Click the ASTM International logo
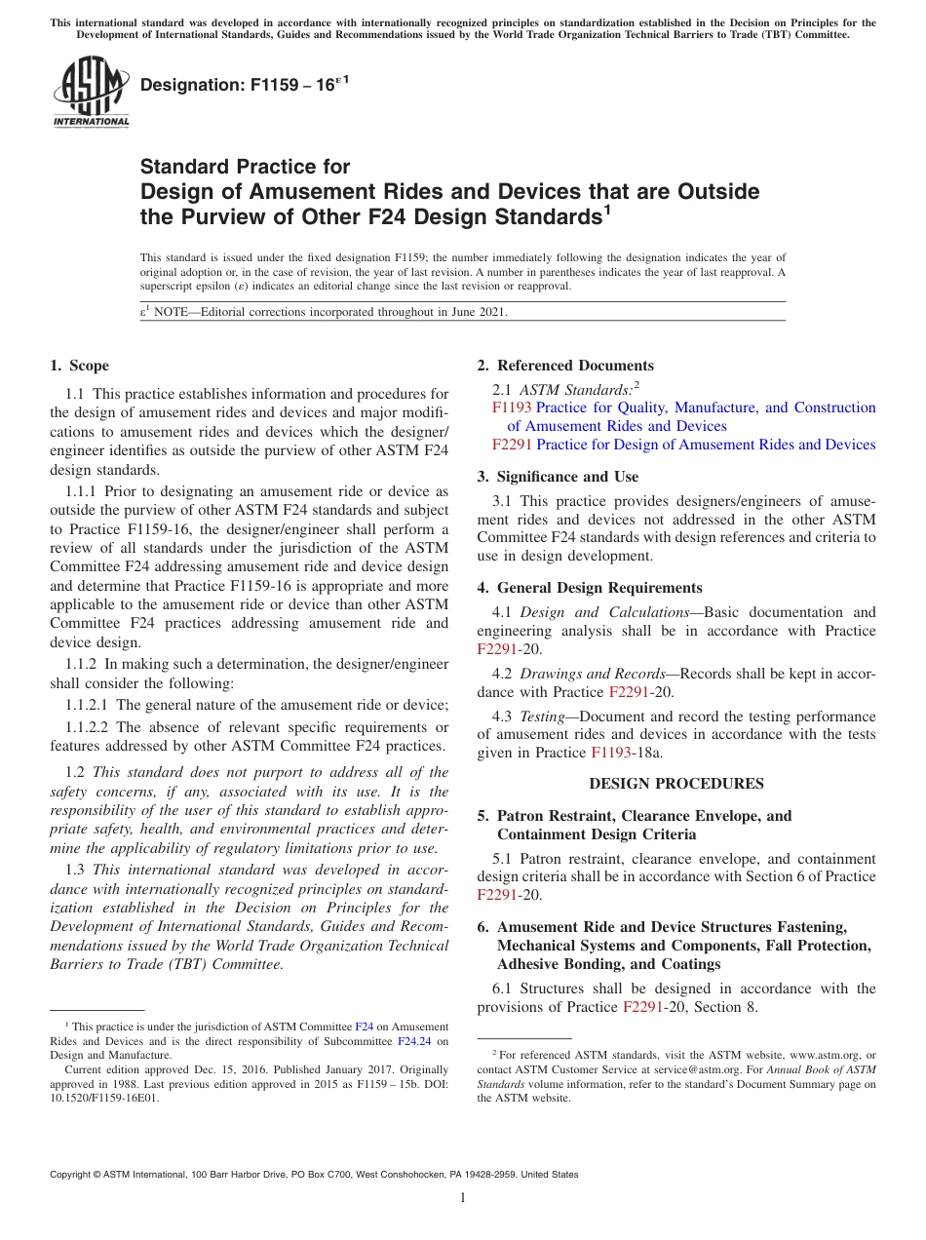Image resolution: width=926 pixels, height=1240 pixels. (90, 94)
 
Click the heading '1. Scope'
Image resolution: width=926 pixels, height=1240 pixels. (79, 366)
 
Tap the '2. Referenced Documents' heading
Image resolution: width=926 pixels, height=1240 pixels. (565, 366)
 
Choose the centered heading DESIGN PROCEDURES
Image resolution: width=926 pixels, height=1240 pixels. (676, 784)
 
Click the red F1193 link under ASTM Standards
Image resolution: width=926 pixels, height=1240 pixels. (512, 407)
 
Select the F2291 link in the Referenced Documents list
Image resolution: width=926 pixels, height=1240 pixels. (512, 445)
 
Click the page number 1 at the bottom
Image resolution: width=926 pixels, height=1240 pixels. (463, 1197)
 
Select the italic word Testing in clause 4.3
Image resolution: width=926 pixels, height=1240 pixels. (542, 717)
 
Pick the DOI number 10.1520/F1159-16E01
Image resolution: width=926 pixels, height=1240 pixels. (104, 1097)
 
